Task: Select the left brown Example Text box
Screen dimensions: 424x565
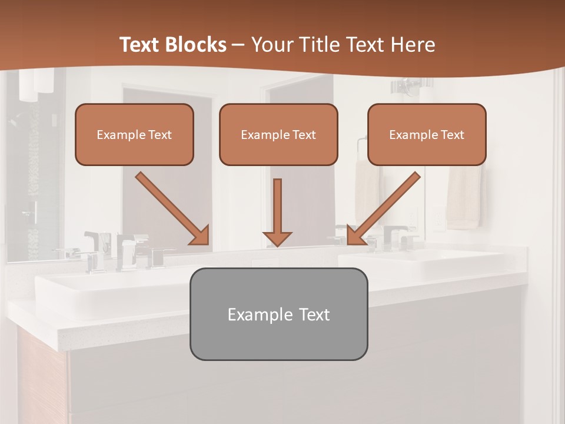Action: point(134,135)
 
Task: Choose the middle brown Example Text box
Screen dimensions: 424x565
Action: point(278,135)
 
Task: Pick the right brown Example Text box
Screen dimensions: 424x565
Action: point(427,135)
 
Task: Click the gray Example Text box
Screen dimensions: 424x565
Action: point(278,314)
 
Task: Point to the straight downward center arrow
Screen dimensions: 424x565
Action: point(277,212)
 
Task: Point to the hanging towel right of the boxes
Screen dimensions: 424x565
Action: point(464,197)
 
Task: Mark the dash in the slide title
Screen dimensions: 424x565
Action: point(238,45)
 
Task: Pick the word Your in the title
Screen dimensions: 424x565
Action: point(272,45)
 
